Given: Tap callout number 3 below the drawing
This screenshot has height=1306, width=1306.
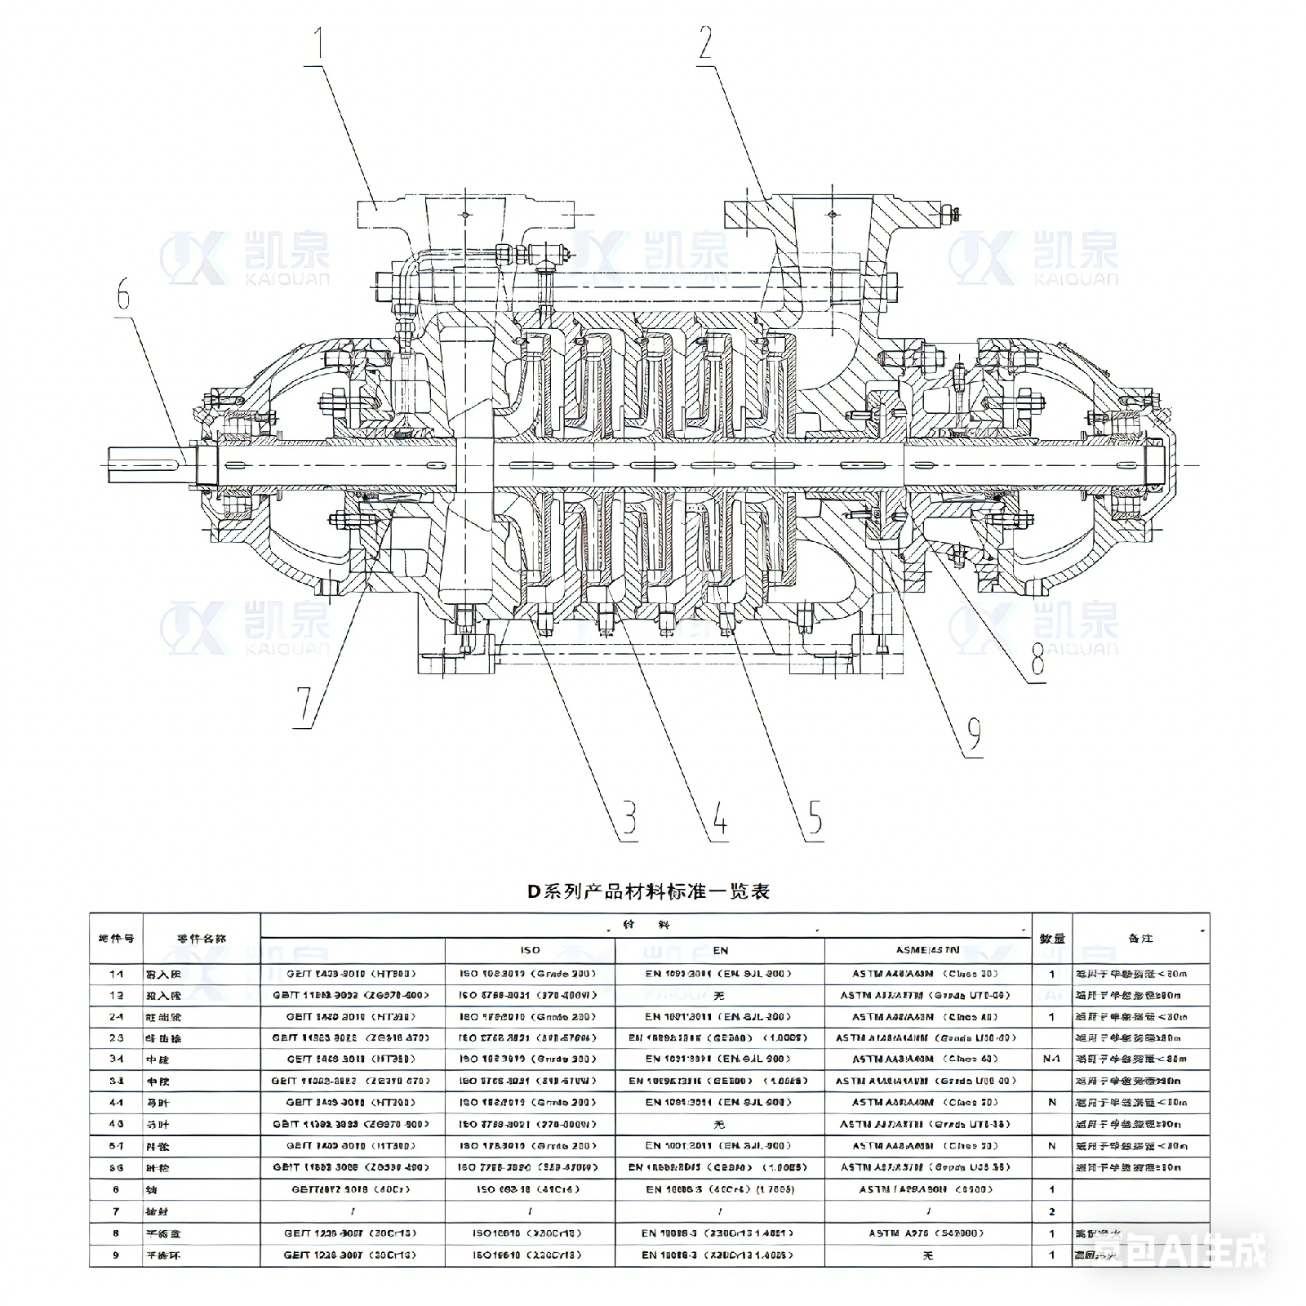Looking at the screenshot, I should click(x=629, y=820).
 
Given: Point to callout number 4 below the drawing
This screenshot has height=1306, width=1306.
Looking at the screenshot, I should click(x=719, y=820).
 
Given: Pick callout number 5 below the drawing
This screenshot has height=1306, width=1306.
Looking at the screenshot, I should click(x=815, y=820).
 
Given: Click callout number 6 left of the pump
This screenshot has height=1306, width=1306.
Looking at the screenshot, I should click(x=123, y=295).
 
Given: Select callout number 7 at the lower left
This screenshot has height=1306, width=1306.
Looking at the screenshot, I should click(x=304, y=707).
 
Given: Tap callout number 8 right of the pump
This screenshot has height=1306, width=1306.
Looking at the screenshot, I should click(x=1037, y=660).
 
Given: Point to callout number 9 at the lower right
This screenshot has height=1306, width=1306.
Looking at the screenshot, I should click(x=974, y=736).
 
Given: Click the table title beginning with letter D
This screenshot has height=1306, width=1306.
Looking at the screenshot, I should click(x=648, y=891).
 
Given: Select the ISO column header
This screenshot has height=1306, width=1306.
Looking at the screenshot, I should click(x=530, y=950).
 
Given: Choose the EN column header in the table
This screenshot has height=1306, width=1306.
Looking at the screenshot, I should click(x=720, y=950).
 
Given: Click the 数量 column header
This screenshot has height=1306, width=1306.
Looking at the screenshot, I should click(x=1051, y=939).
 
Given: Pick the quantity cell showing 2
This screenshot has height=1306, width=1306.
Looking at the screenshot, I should click(x=1051, y=1211).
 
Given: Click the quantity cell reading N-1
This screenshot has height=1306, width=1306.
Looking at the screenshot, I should click(x=1051, y=1059).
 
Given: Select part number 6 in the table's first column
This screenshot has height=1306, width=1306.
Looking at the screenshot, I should click(x=116, y=1190).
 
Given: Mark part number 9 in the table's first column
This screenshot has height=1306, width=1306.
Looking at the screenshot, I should click(x=116, y=1255).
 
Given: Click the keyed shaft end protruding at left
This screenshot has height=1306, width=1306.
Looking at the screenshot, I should click(x=147, y=464).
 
